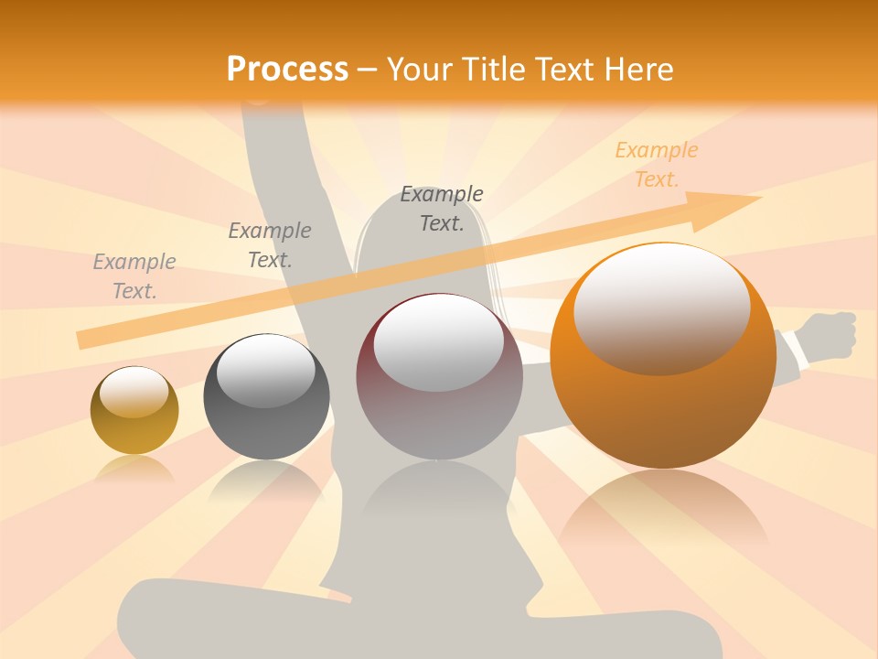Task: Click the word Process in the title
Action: click(287, 70)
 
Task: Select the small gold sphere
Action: click(134, 412)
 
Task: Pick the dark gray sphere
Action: click(266, 397)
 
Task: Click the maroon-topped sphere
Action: click(439, 377)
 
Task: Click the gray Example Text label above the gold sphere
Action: click(134, 276)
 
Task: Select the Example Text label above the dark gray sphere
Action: click(270, 245)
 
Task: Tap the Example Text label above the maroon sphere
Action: click(442, 209)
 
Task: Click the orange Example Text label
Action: click(656, 165)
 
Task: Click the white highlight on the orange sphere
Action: click(661, 307)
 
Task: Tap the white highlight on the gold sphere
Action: click(134, 392)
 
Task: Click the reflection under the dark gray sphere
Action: click(265, 481)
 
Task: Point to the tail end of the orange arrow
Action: click(82, 340)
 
